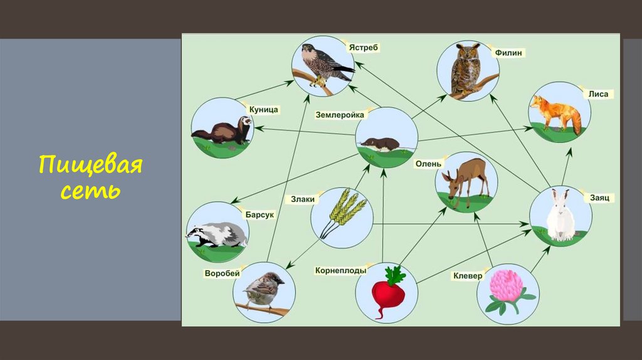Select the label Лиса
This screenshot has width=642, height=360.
597,94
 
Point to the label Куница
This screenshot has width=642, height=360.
263,110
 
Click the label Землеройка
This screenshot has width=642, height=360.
340,115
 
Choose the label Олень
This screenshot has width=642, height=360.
428,164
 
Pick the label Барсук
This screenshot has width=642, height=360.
260,214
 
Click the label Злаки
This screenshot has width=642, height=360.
302,199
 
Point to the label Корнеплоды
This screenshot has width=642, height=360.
340,271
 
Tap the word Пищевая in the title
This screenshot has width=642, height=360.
90,167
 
